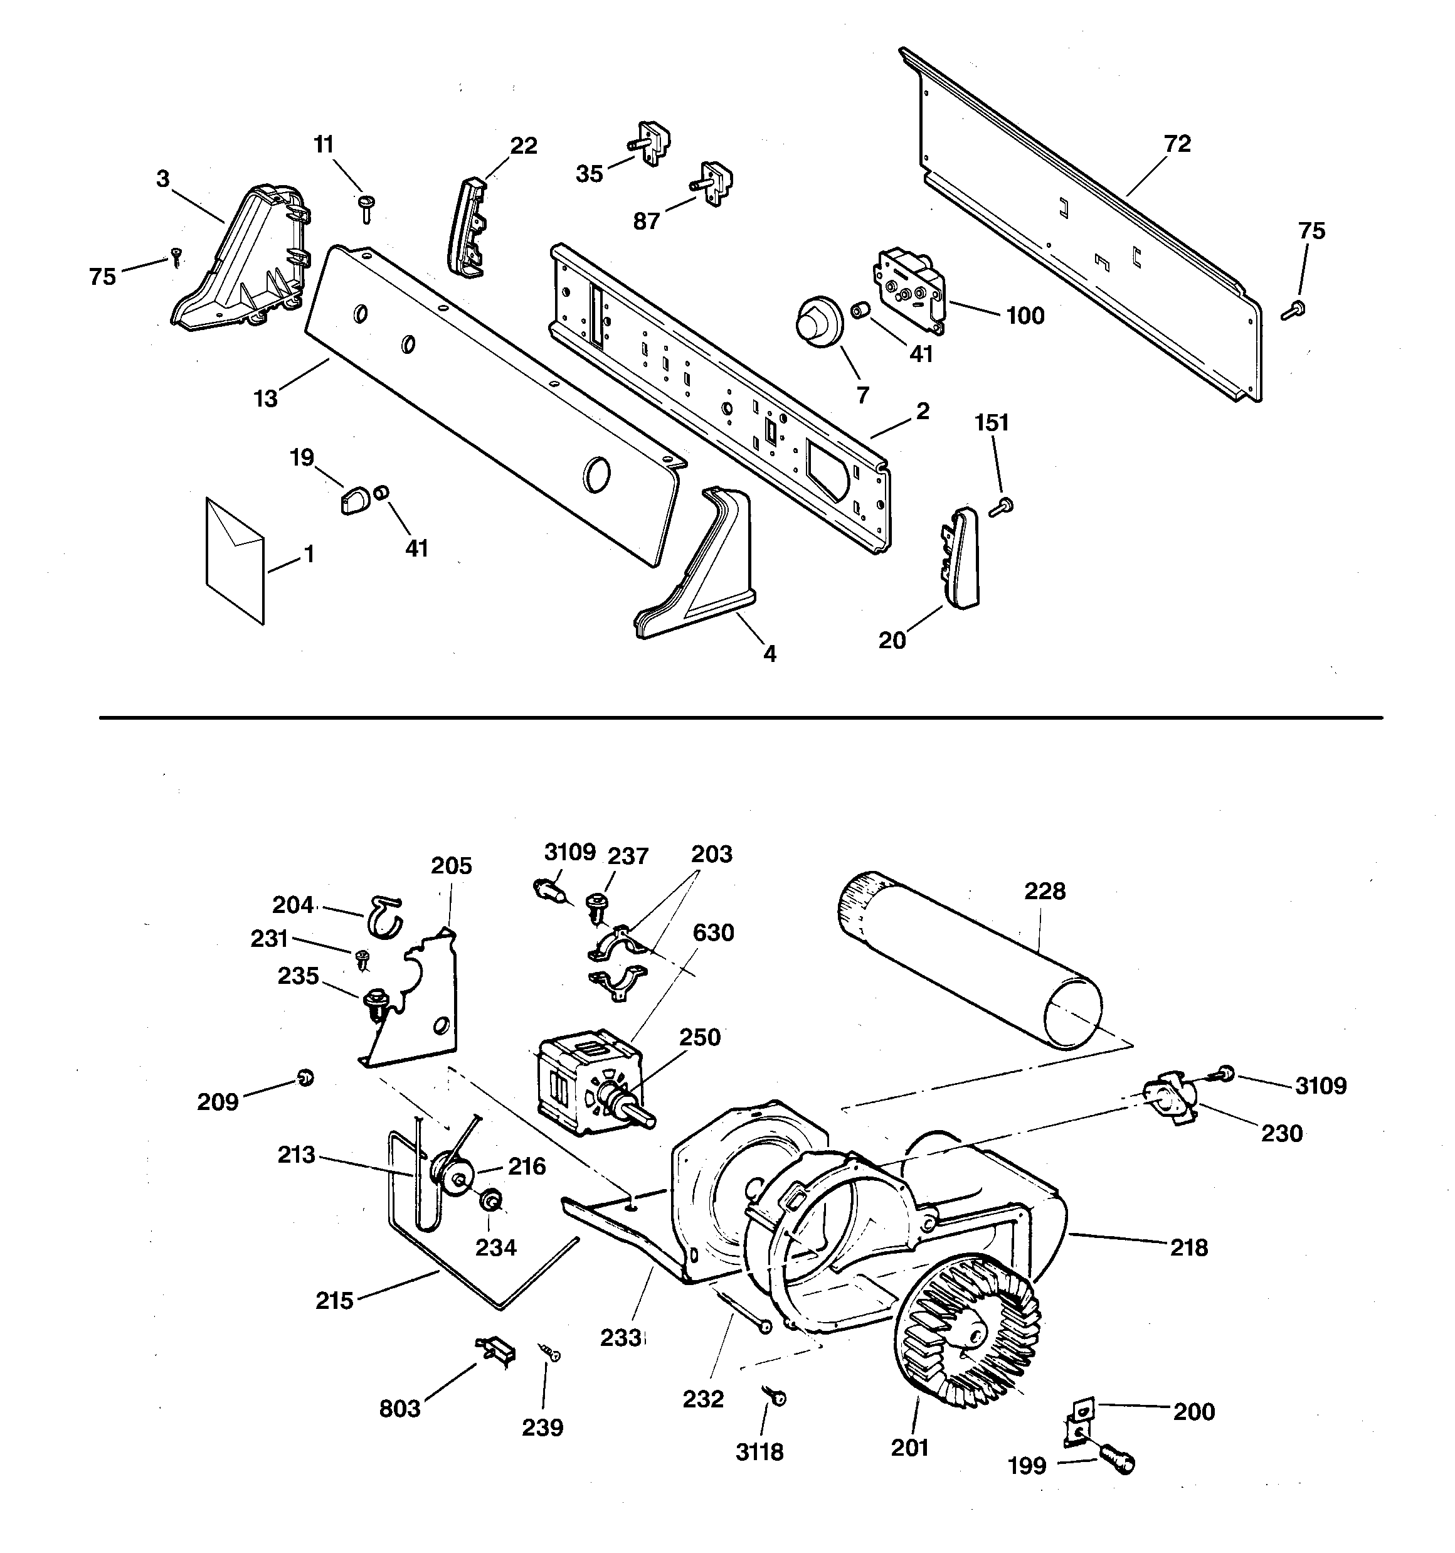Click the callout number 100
click(1025, 316)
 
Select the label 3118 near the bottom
click(759, 1451)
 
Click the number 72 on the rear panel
click(1177, 144)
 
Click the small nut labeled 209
click(305, 1078)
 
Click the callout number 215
click(334, 1300)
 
